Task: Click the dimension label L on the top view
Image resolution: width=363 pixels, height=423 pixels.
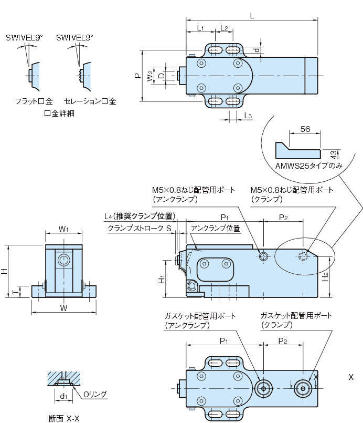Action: tap(252, 16)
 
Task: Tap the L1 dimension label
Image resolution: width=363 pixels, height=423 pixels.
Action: tap(200, 27)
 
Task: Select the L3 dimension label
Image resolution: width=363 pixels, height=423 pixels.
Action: tap(248, 116)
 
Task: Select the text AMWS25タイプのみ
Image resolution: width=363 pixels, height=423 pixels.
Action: tap(308, 166)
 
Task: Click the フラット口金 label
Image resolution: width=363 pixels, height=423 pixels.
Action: tap(34, 101)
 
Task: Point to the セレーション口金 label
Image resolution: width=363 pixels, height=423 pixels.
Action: tap(90, 101)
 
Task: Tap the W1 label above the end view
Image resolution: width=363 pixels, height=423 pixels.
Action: tap(63, 229)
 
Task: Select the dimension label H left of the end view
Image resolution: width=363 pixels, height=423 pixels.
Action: tap(4, 271)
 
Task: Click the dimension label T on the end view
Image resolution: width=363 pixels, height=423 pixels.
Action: tap(14, 291)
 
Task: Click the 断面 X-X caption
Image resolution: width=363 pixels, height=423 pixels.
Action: tap(63, 418)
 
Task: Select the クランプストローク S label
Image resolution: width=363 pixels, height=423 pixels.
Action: tap(140, 229)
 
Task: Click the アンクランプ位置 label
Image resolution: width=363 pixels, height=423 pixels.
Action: tap(215, 229)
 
